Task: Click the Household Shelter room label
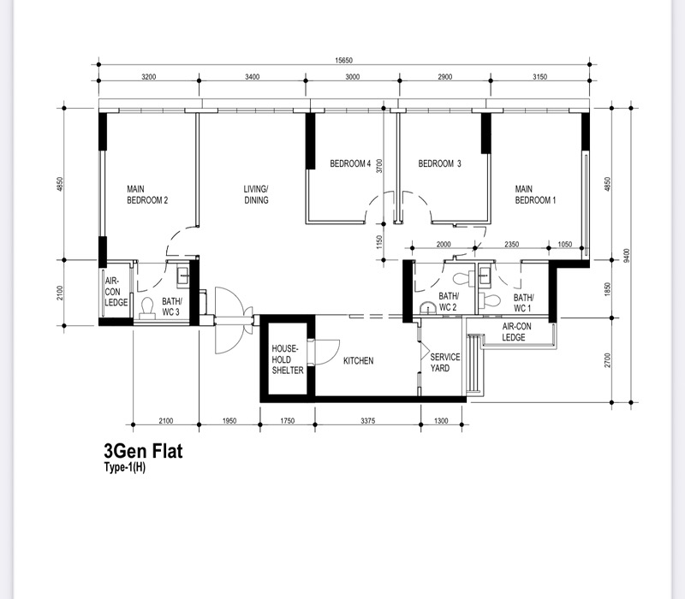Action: tap(288, 359)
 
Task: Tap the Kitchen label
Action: tap(358, 360)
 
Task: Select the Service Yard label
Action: tap(444, 362)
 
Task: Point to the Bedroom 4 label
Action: tap(350, 163)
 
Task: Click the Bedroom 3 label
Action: tap(439, 163)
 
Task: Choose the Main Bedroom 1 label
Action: tap(535, 195)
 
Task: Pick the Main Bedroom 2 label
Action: tap(147, 195)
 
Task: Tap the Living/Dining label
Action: tap(256, 195)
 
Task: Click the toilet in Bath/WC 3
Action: tap(147, 308)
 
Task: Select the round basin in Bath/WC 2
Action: tap(427, 309)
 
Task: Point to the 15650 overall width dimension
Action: tap(344, 61)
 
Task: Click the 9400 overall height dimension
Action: tap(627, 255)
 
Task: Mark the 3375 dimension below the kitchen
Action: tap(368, 421)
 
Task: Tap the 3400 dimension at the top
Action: tap(252, 77)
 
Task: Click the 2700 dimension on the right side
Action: tap(608, 360)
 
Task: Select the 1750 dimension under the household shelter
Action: tap(287, 421)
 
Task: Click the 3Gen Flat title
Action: tap(143, 451)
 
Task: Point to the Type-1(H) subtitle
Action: tap(125, 467)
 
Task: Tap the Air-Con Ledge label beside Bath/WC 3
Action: tap(116, 292)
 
